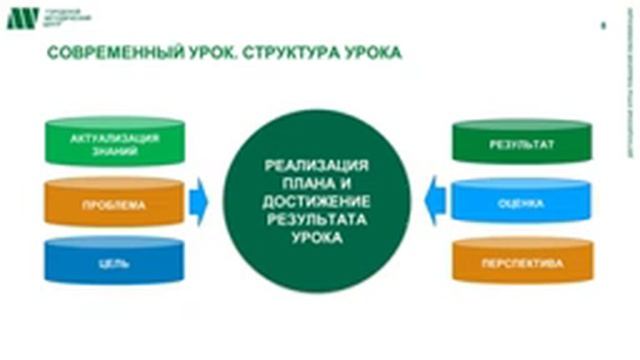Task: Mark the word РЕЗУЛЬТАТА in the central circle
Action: [x=315, y=221]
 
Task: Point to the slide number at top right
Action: [x=601, y=26]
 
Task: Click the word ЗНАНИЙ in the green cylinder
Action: [x=116, y=152]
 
